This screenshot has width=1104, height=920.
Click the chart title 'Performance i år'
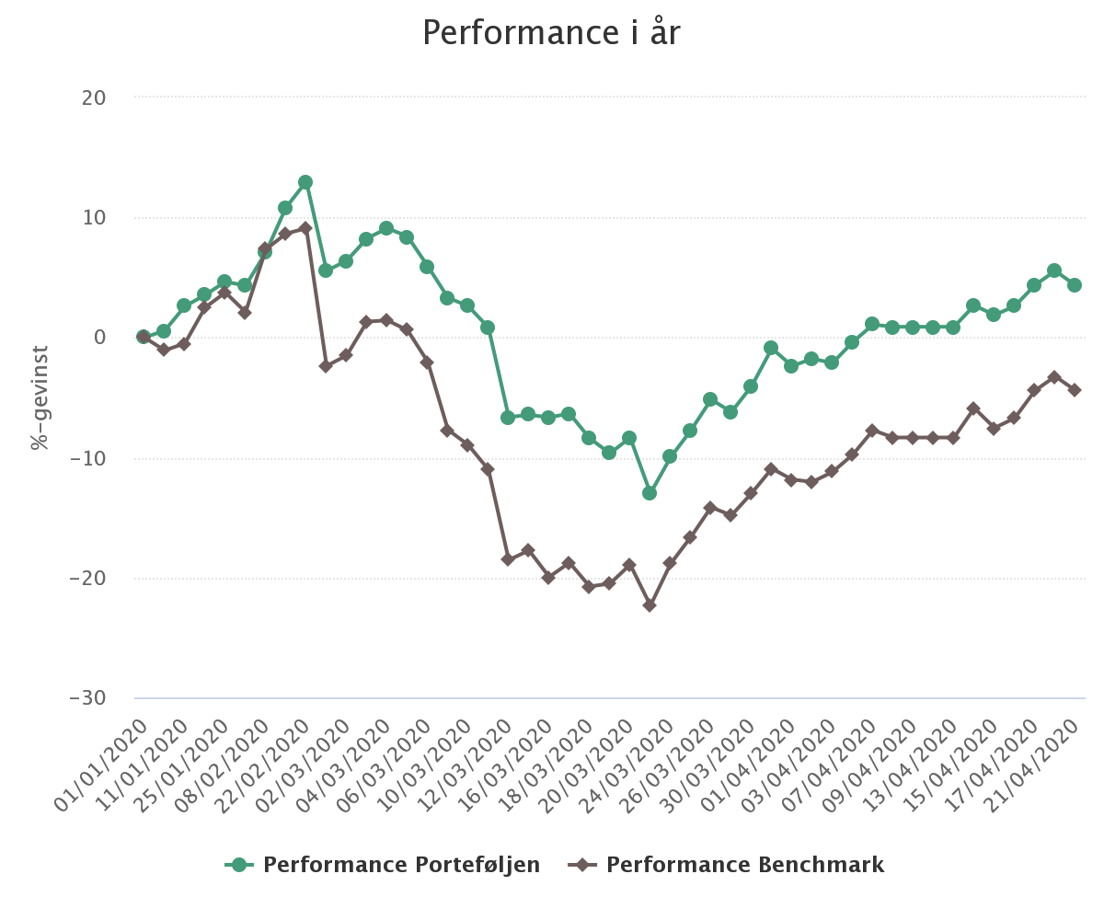click(x=551, y=33)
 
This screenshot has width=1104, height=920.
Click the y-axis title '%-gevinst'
click(x=40, y=397)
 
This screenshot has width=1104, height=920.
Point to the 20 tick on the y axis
click(x=93, y=98)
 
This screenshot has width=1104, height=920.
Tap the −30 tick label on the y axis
click(x=87, y=698)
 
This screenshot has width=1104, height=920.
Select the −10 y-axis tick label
click(x=87, y=458)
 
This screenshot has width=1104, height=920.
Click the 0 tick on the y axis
click(x=99, y=338)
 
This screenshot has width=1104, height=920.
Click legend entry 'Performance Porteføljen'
click(x=401, y=865)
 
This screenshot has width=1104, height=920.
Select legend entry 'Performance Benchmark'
click(x=744, y=865)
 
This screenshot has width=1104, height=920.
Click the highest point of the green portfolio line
click(x=305, y=182)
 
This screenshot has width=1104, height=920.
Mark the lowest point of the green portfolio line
click(x=650, y=493)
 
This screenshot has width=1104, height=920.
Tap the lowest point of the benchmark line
click(x=650, y=605)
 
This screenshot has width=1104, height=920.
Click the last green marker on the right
click(x=1075, y=285)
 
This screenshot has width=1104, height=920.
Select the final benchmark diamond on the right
click(x=1075, y=390)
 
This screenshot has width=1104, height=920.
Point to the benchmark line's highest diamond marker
click(x=305, y=227)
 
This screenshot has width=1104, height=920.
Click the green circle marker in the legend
click(x=241, y=865)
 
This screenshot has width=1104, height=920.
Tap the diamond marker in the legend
click(x=581, y=865)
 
